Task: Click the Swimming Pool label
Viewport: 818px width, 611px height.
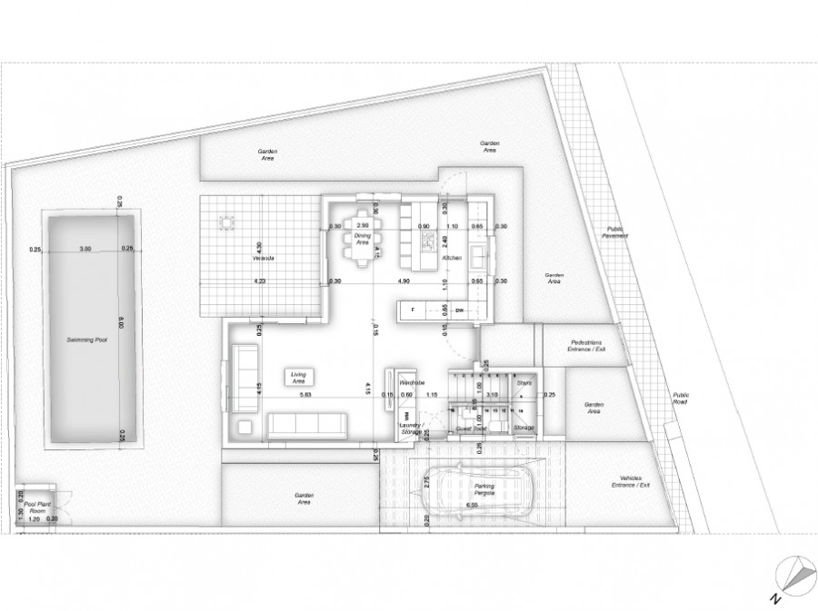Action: (x=87, y=339)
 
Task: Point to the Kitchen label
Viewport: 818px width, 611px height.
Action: (x=453, y=259)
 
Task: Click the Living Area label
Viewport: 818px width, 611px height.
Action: (x=297, y=377)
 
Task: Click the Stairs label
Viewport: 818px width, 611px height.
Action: (x=524, y=383)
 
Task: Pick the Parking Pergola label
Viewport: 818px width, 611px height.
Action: (x=484, y=489)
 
